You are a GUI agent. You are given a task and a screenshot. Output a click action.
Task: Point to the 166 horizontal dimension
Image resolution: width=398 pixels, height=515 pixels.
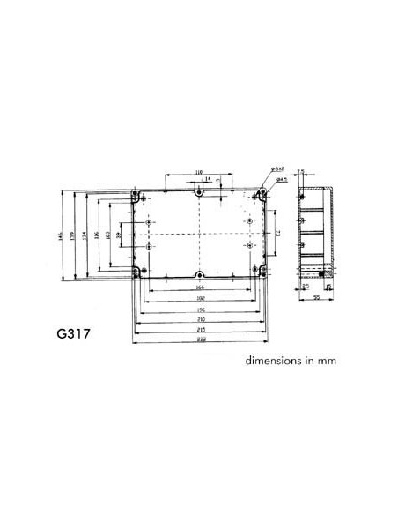click(201, 287)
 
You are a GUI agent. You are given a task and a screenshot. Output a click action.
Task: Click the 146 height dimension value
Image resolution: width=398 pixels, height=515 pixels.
click(63, 237)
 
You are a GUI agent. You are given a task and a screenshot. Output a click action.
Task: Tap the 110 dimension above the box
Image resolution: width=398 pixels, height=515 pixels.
click(199, 172)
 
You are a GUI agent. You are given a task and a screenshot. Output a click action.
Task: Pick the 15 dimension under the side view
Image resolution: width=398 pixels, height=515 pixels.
click(328, 287)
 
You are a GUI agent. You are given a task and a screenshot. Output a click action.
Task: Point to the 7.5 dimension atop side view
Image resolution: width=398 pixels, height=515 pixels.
click(300, 173)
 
